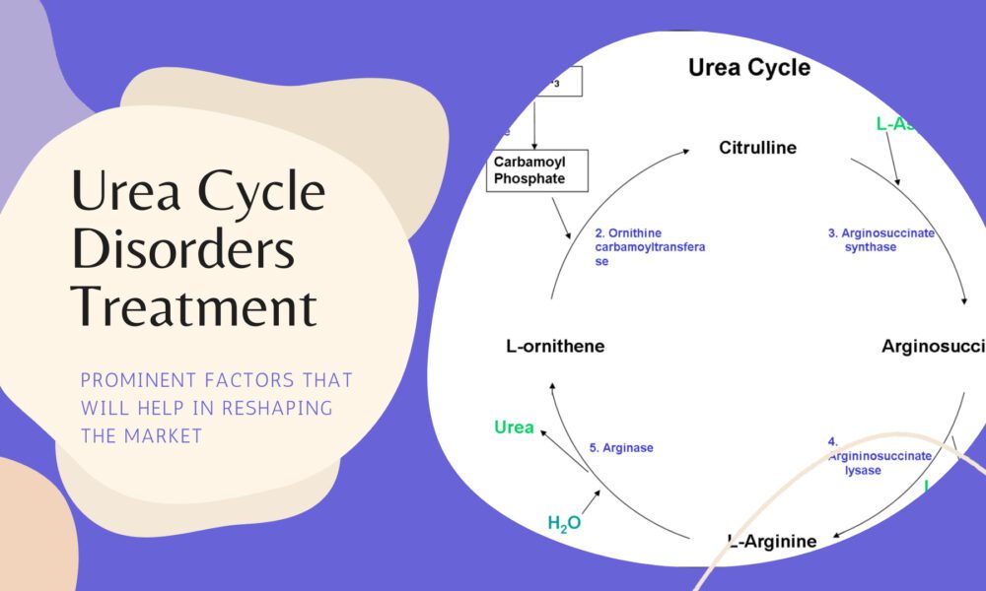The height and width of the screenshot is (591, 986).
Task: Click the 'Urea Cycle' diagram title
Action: pyautogui.click(x=748, y=68)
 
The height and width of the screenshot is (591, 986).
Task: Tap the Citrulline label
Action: pyautogui.click(x=757, y=149)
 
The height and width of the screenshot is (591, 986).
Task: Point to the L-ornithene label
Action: pyautogui.click(x=554, y=346)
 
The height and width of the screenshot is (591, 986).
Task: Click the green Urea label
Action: pyautogui.click(x=514, y=427)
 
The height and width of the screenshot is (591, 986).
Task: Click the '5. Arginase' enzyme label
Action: pyautogui.click(x=621, y=447)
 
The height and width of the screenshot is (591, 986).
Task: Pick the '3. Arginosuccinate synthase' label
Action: pyautogui.click(x=880, y=240)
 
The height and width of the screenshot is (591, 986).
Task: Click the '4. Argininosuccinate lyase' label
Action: pyautogui.click(x=880, y=456)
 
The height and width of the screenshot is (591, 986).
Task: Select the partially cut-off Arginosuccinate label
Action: pyautogui.click(x=933, y=346)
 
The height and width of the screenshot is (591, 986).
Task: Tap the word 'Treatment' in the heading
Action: pyautogui.click(x=194, y=306)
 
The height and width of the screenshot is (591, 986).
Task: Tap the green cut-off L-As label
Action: pyautogui.click(x=899, y=124)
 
